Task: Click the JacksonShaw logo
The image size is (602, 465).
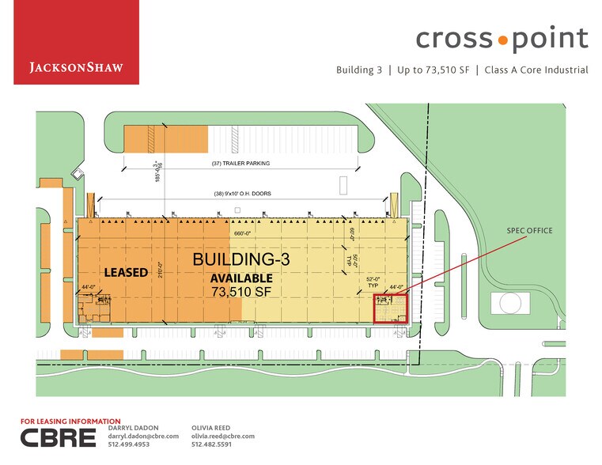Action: pos(76,67)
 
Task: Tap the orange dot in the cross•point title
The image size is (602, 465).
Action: pos(502,38)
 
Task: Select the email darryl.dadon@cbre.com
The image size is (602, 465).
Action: pos(143,437)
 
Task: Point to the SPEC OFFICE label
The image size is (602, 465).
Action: pos(529,230)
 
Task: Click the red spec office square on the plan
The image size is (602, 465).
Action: pos(390,307)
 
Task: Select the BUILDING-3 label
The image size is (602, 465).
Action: pos(241,259)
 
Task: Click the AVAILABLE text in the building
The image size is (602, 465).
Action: pos(241,278)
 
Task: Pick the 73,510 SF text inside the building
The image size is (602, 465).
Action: pos(242,291)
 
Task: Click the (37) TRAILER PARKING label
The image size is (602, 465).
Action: pos(241,164)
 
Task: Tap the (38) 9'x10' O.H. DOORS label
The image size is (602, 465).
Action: pos(241,195)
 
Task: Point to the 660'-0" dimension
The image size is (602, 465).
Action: pos(242,233)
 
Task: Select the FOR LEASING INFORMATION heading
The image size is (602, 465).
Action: pos(70,422)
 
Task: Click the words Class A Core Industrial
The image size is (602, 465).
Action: pos(536,70)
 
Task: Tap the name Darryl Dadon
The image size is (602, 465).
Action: pos(131,428)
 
